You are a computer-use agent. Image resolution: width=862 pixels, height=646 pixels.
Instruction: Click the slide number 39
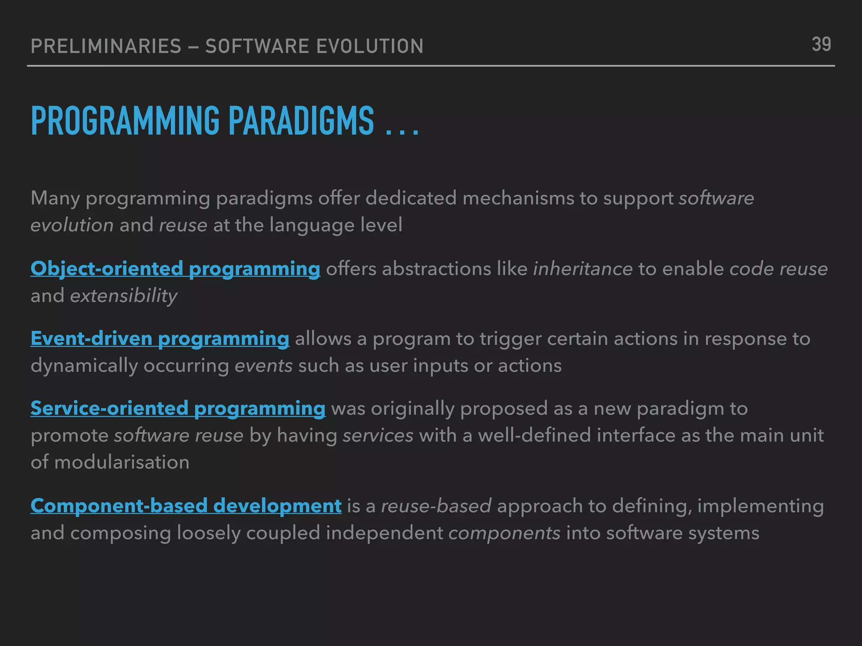[821, 45]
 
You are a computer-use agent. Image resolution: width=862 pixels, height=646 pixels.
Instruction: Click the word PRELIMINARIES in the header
[106, 46]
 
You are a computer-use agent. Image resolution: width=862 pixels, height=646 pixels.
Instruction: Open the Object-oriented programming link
[175, 269]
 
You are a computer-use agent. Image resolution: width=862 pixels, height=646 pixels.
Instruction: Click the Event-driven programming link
[160, 339]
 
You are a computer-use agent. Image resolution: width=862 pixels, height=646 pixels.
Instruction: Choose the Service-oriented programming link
[178, 408]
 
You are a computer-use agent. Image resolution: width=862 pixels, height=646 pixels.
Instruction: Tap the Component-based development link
[186, 506]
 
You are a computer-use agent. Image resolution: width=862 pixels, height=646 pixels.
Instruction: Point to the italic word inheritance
[583, 269]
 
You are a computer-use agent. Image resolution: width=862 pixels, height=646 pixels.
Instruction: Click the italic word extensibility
[123, 296]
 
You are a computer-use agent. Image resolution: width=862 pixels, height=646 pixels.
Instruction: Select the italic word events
[263, 365]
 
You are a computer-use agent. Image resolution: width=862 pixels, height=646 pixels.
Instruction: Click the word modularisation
[122, 462]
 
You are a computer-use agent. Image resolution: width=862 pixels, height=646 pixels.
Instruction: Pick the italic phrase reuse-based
[436, 506]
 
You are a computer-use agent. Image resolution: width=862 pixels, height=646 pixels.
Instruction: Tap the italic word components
[504, 533]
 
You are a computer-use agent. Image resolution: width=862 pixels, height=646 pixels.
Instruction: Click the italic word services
[378, 435]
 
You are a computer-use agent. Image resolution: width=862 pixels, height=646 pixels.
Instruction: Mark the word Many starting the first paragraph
[55, 198]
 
